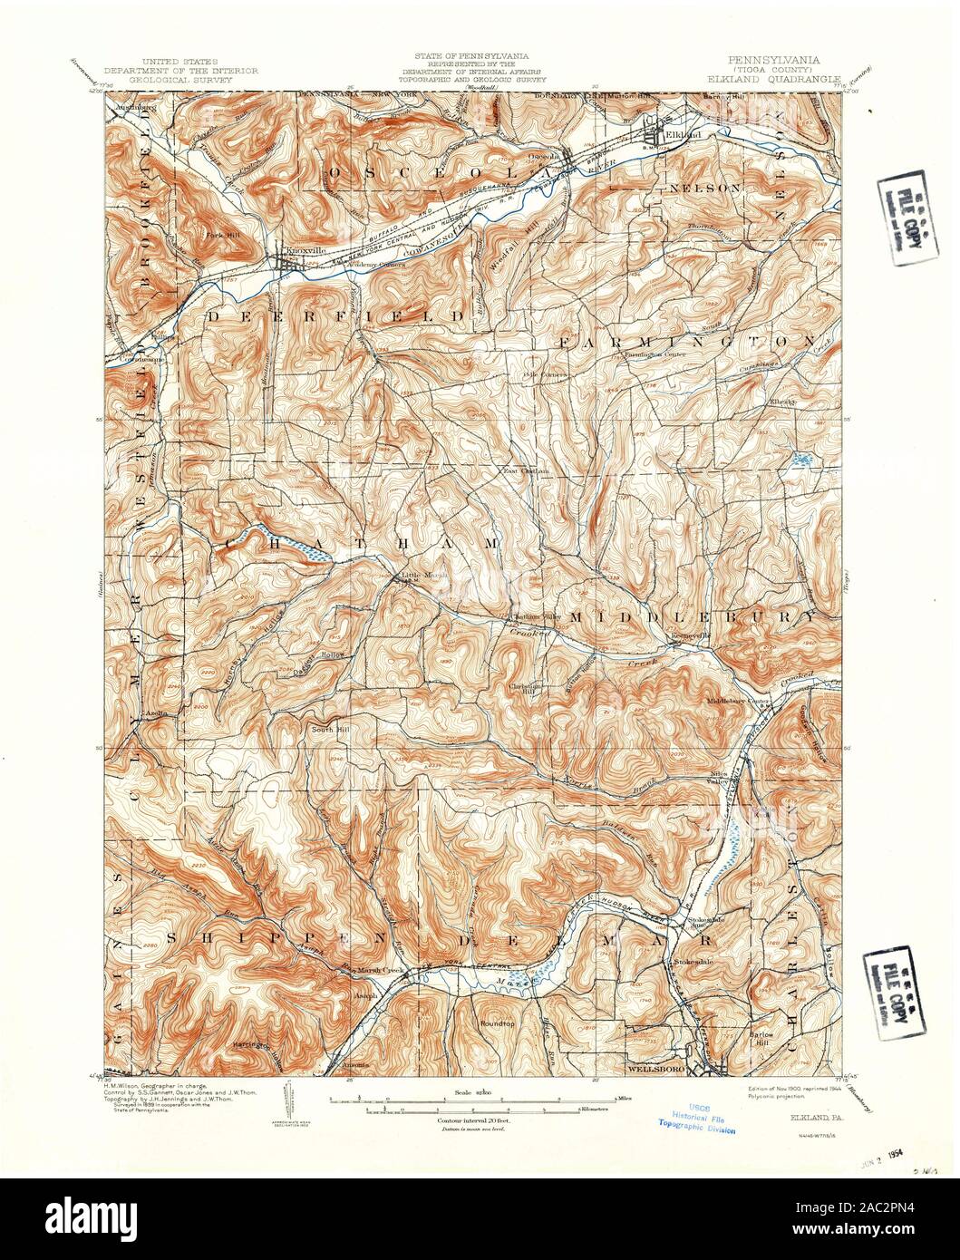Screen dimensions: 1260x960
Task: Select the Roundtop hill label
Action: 497,1023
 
